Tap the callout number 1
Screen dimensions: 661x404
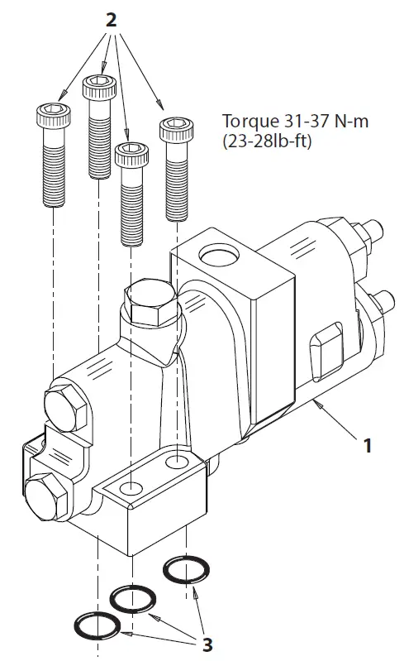[x=368, y=446]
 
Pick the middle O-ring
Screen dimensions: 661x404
[x=133, y=597]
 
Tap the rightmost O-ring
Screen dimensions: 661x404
[x=186, y=571]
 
